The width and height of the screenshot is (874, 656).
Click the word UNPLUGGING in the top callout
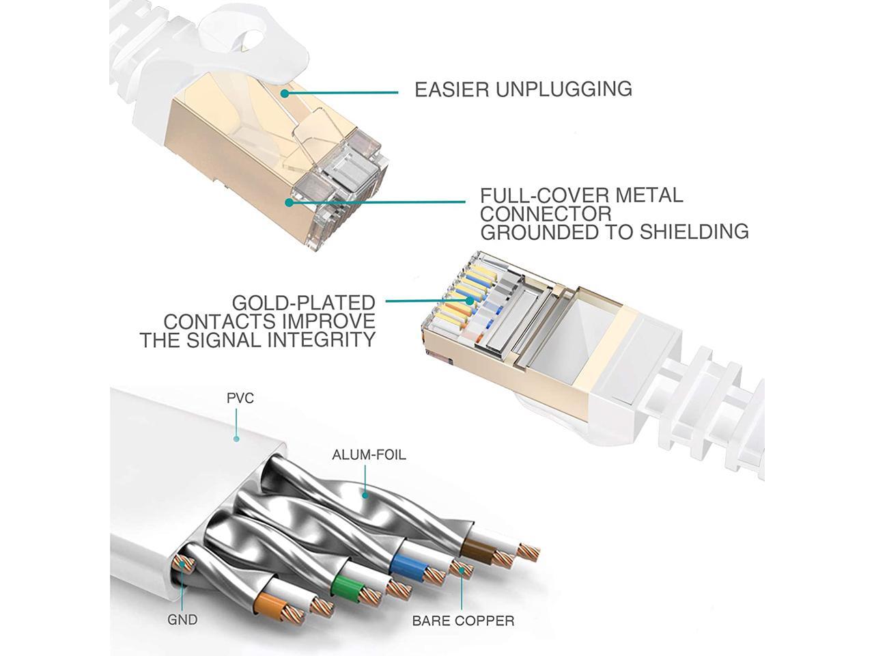click(x=563, y=90)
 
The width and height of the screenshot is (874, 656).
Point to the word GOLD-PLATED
click(x=303, y=303)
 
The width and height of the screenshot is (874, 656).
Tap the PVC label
click(x=240, y=398)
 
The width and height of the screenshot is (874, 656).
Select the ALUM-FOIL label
click(x=368, y=454)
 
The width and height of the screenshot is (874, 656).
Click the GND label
click(x=182, y=620)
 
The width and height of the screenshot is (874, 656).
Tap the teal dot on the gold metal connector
click(x=290, y=202)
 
